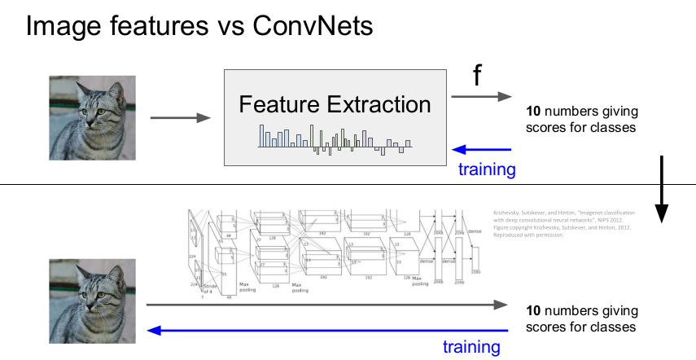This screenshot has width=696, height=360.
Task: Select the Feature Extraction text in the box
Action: [x=335, y=104]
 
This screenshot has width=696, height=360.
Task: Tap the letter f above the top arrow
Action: [x=478, y=76]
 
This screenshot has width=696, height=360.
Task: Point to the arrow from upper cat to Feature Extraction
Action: [x=180, y=118]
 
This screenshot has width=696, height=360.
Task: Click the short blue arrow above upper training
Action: [x=482, y=149]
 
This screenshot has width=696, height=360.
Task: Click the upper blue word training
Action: [x=487, y=169]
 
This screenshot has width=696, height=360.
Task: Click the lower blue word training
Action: [x=471, y=347]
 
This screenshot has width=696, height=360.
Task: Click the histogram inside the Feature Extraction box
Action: [x=335, y=138]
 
